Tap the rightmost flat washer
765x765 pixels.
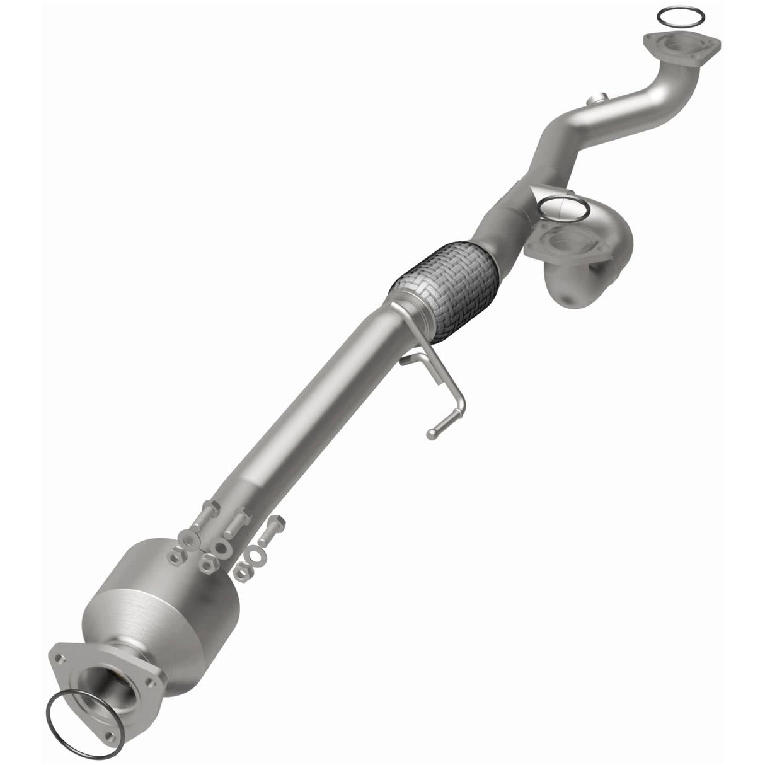pos(257,555)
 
